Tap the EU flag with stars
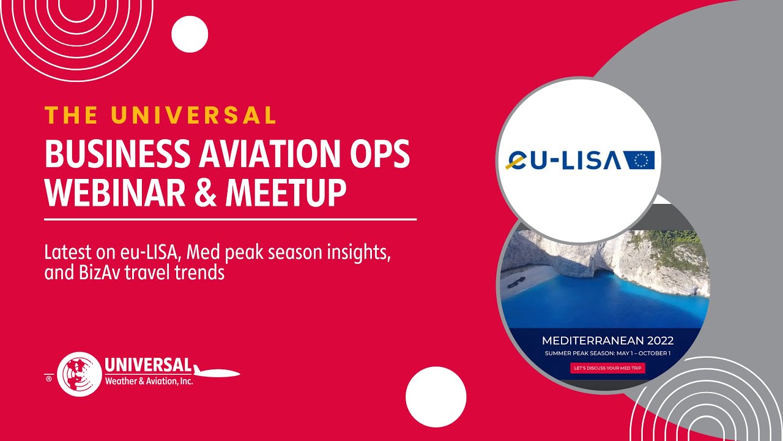coord(640,160)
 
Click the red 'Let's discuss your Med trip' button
coord(607,369)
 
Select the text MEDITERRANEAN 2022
coord(607,341)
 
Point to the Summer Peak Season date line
coord(607,354)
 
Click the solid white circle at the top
coord(190,34)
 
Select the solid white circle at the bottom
coord(436,396)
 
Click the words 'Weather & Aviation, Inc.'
coord(149,381)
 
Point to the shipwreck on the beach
coord(515,281)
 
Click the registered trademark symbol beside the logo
coord(49,379)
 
